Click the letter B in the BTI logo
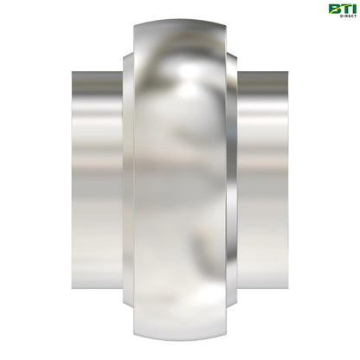pyautogui.click(x=333, y=9)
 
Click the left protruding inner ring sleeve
pyautogui.click(x=95, y=179)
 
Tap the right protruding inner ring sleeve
pyautogui.click(x=265, y=179)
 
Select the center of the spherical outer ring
pyautogui.click(x=180, y=179)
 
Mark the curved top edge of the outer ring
pyautogui.click(x=180, y=21)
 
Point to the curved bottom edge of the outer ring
pyautogui.click(x=180, y=338)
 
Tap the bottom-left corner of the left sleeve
pyautogui.click(x=71, y=288)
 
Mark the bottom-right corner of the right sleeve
pyautogui.click(x=289, y=288)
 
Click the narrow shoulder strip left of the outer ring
pyautogui.click(x=127, y=179)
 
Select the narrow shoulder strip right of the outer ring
pyautogui.click(x=233, y=179)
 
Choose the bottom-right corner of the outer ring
pyautogui.click(x=226, y=330)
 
